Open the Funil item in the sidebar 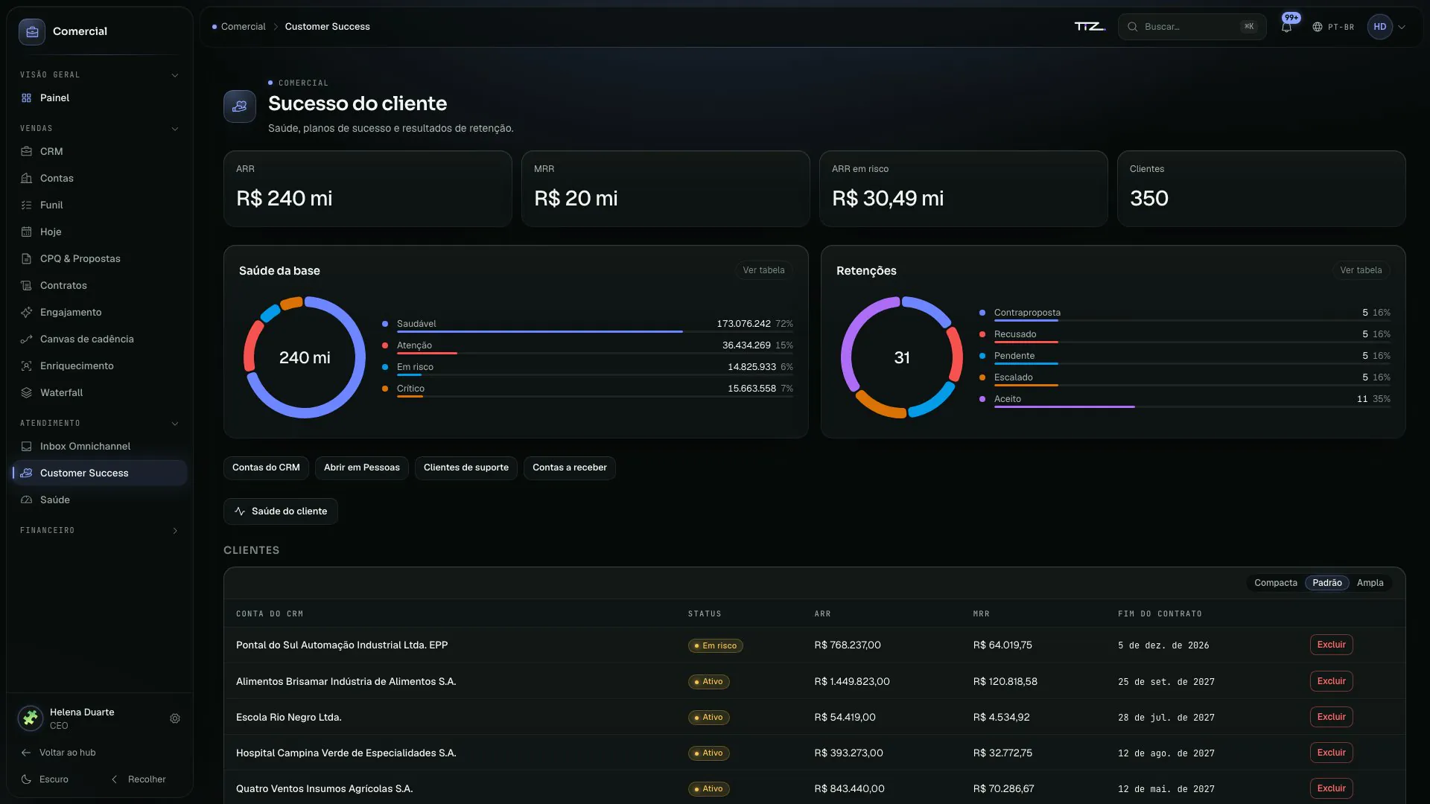[51, 205]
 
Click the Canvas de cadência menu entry [87, 339]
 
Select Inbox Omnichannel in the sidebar [85, 446]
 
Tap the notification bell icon [1286, 27]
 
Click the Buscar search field [1192, 27]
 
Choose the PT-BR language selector [1333, 27]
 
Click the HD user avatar [1379, 27]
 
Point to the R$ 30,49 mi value [888, 198]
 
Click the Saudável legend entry [416, 324]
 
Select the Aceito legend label [1007, 399]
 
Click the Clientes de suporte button [466, 468]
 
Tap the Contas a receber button [570, 468]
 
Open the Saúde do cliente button [281, 511]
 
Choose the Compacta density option [1276, 583]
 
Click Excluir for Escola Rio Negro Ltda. [1331, 717]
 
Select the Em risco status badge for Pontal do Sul [715, 645]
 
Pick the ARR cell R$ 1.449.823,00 [852, 681]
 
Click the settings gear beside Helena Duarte [175, 718]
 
